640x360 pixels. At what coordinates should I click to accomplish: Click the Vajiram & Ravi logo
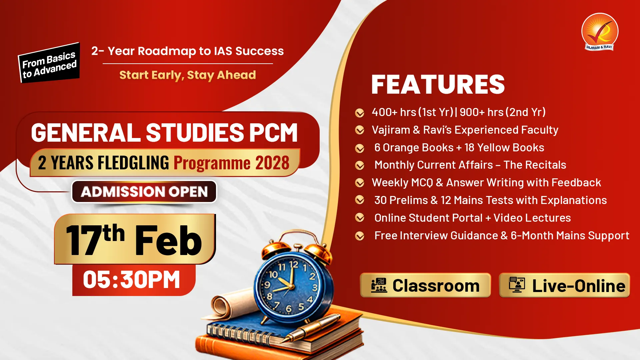[x=600, y=32]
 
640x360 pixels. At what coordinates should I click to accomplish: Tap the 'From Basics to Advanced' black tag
[x=49, y=63]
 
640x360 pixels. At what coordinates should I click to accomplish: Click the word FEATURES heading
[x=438, y=85]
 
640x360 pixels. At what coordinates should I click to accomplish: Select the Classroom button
[x=425, y=285]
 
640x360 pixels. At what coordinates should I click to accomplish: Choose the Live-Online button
[x=564, y=285]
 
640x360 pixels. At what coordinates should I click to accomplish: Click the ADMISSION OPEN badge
[x=144, y=192]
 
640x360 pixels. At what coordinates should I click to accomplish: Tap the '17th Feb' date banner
[x=135, y=239]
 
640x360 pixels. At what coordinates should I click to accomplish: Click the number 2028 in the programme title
[x=272, y=163]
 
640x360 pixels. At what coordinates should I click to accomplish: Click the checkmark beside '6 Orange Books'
[x=360, y=148]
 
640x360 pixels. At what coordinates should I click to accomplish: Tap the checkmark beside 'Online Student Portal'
[x=360, y=218]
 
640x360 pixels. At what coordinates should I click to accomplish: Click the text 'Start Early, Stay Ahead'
[x=188, y=75]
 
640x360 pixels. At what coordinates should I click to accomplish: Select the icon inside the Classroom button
[x=379, y=285]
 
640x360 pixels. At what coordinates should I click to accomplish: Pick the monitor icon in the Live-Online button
[x=517, y=285]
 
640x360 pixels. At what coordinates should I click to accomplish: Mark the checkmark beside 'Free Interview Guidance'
[x=360, y=236]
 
